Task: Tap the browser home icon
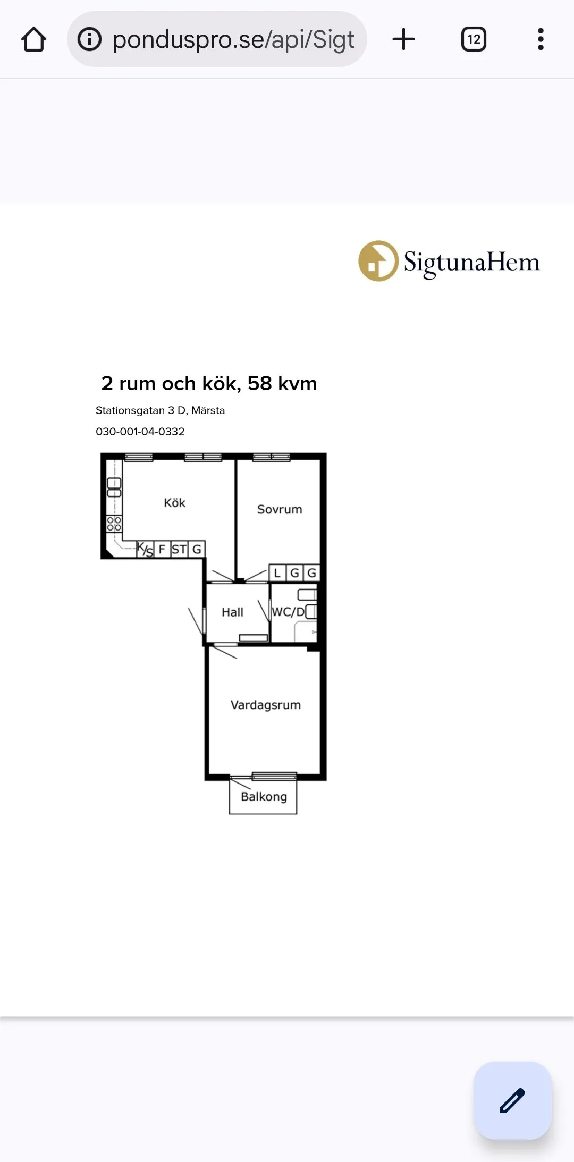(33, 39)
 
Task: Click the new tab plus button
(403, 39)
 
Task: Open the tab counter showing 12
(474, 39)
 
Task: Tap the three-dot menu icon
(541, 39)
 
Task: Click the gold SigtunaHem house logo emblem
(378, 261)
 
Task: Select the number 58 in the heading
(259, 383)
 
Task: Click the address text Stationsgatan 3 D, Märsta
(160, 410)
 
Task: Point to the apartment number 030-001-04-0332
(140, 432)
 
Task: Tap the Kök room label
(174, 502)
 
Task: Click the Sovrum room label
(280, 509)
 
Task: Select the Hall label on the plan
(232, 612)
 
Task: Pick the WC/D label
(288, 612)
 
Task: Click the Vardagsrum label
(266, 705)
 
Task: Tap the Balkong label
(264, 797)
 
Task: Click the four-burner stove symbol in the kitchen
(114, 524)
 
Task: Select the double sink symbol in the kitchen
(114, 487)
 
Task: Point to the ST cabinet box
(179, 549)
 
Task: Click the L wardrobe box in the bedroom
(277, 572)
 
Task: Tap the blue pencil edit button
(512, 1100)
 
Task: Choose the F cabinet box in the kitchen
(162, 549)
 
